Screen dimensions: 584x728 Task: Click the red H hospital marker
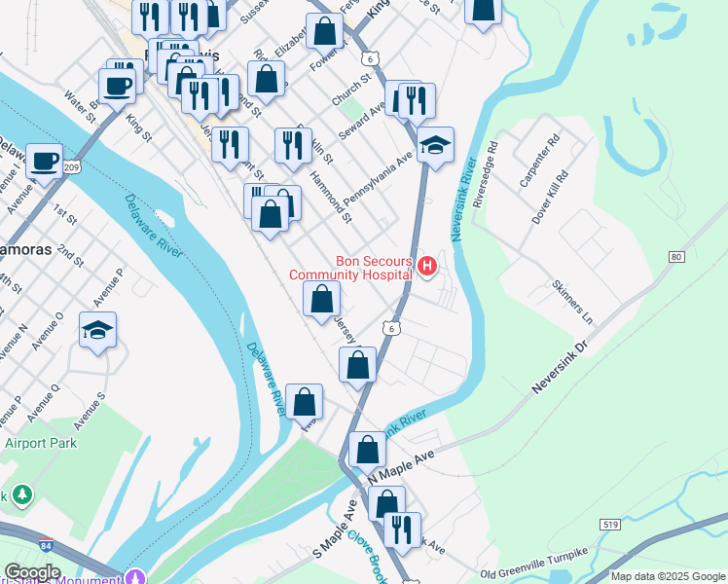(426, 265)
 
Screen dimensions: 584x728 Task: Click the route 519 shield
(611, 525)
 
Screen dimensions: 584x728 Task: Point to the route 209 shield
(70, 167)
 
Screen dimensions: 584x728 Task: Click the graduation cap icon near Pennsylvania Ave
(436, 145)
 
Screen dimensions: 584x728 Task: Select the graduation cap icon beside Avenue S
(97, 330)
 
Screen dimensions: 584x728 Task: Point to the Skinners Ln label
(572, 303)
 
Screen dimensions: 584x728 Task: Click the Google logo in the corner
(32, 572)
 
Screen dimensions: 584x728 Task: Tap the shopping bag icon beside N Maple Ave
(368, 449)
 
